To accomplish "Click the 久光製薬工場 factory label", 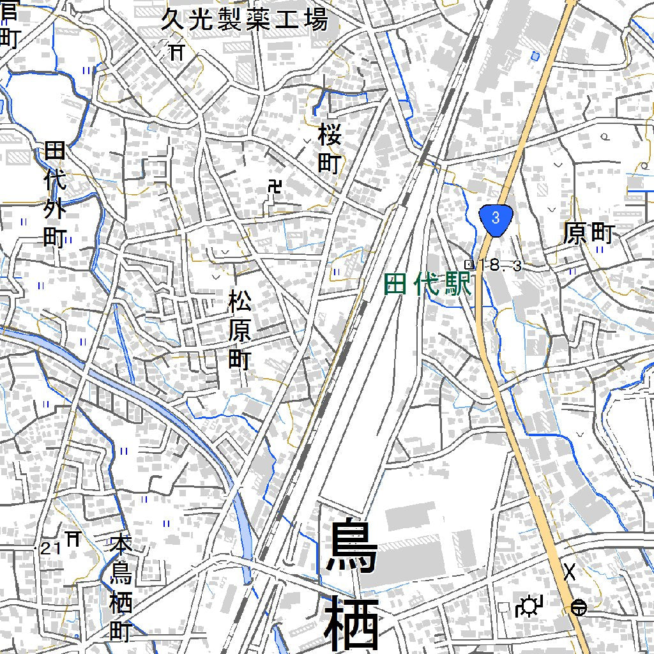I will pyautogui.click(x=243, y=20).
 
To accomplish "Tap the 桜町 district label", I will pyautogui.click(x=329, y=149).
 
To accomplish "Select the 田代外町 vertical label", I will pyautogui.click(x=55, y=195).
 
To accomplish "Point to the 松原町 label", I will pyautogui.click(x=240, y=330).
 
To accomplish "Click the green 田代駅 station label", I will pyautogui.click(x=427, y=284).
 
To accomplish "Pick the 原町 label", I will pyautogui.click(x=588, y=234).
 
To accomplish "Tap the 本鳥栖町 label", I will pyautogui.click(x=121, y=588).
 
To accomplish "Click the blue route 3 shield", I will pyautogui.click(x=496, y=218).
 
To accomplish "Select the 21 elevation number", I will pyautogui.click(x=52, y=547).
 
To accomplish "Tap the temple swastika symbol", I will pyautogui.click(x=275, y=187).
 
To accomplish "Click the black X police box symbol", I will pyautogui.click(x=569, y=572).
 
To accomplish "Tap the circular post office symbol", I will pyautogui.click(x=579, y=608).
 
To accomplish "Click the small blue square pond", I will pyautogui.click(x=535, y=56).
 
